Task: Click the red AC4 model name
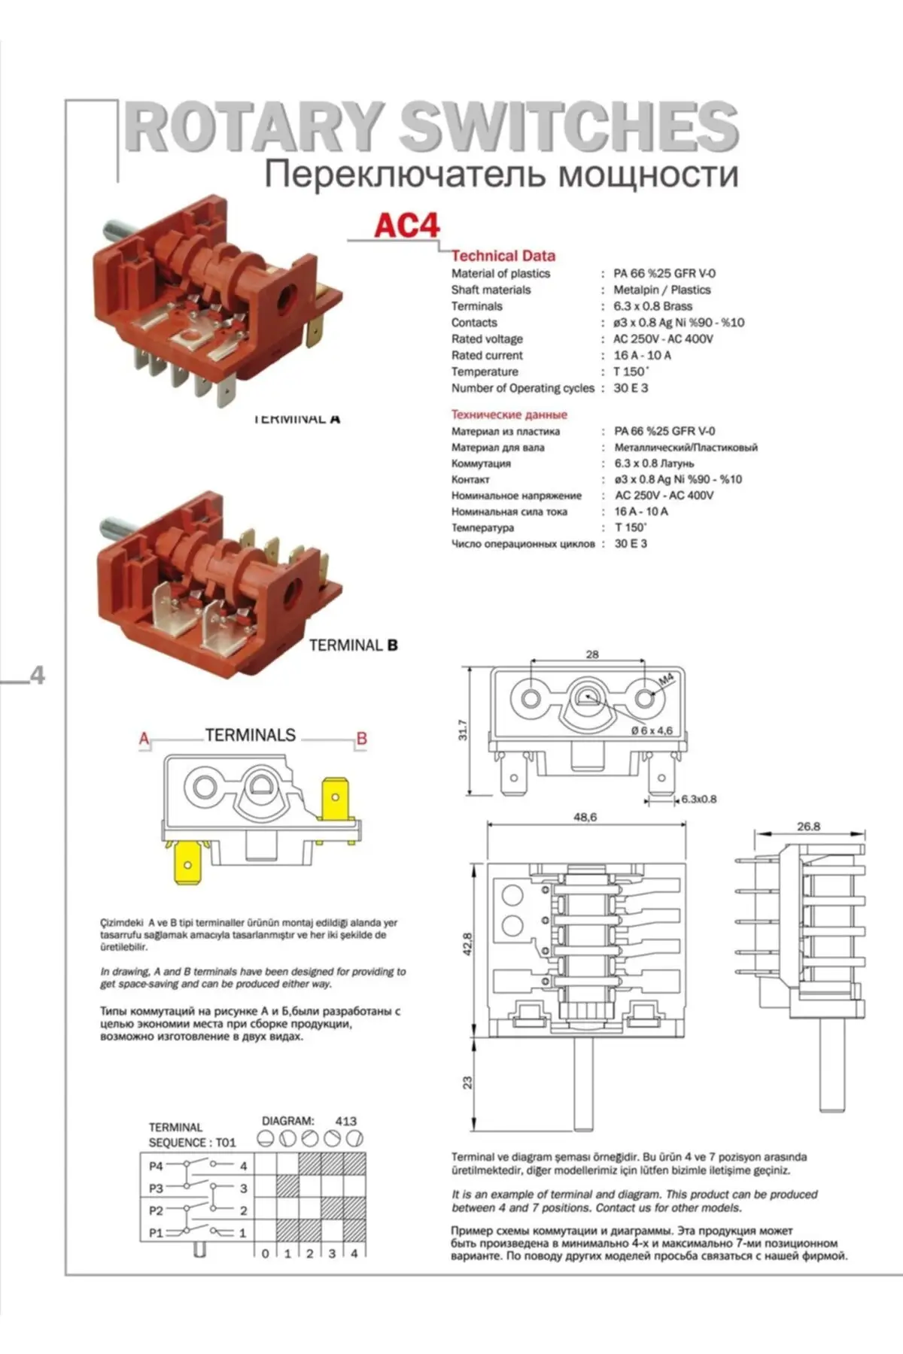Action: click(406, 226)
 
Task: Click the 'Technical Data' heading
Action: click(503, 256)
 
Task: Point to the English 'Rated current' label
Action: click(487, 355)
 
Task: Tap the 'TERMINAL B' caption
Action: click(353, 645)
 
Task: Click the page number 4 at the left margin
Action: click(37, 675)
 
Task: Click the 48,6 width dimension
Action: click(585, 817)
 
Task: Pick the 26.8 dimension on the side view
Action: click(808, 826)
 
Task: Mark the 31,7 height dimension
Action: click(463, 730)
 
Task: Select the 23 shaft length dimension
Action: click(467, 1082)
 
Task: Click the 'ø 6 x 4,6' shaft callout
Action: click(652, 730)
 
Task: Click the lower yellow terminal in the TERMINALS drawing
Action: click(188, 864)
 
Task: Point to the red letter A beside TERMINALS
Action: click(144, 739)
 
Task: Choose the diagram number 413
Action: click(345, 1121)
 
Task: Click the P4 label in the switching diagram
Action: click(156, 1166)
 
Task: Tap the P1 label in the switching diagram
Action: click(156, 1233)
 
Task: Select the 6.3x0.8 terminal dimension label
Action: click(698, 799)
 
